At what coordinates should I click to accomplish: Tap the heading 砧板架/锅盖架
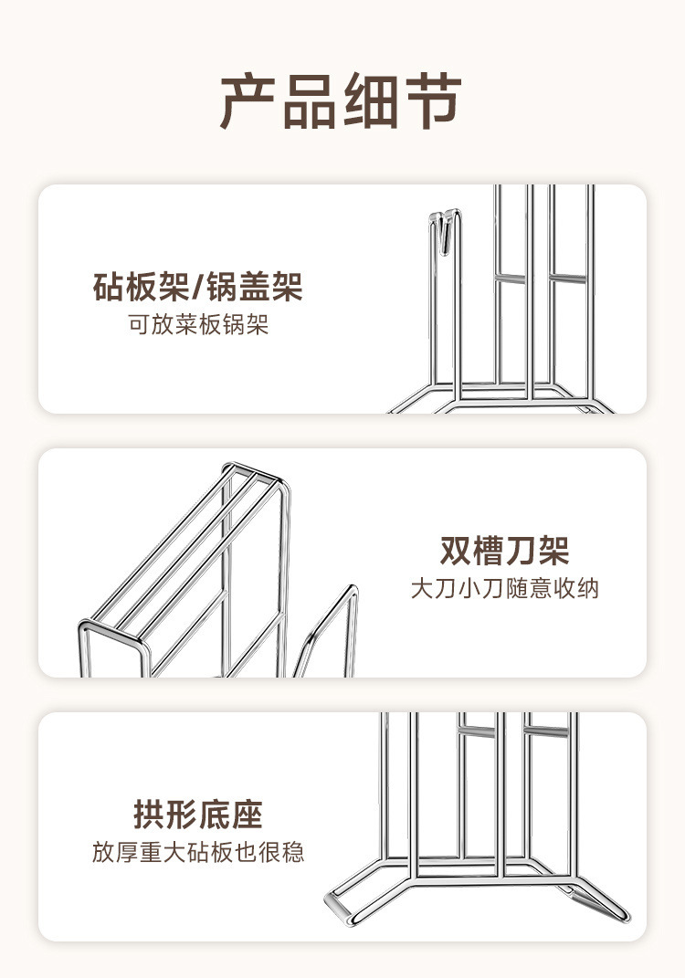point(197,288)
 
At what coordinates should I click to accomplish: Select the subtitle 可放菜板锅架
point(198,325)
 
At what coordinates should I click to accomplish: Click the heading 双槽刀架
point(504,551)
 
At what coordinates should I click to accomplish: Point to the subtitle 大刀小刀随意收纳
point(504,588)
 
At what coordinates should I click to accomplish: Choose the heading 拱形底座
point(197,815)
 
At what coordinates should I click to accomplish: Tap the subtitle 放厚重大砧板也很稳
point(197,853)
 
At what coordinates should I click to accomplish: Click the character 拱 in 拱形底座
point(149,815)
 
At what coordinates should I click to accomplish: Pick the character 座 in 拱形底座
point(247,815)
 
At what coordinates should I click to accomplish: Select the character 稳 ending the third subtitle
point(293,853)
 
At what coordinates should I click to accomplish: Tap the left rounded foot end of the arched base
point(339,908)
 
